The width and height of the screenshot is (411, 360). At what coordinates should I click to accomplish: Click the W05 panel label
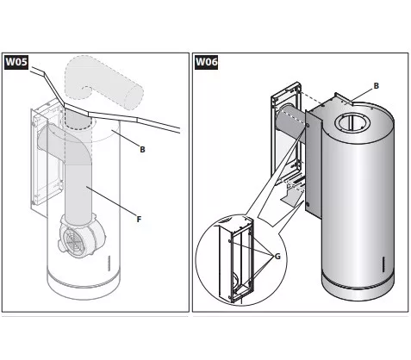[x=16, y=62]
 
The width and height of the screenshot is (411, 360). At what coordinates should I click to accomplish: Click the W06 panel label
[x=206, y=62]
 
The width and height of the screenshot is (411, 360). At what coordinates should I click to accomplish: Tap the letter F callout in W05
[x=139, y=220]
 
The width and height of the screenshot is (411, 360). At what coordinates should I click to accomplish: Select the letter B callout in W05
[x=142, y=149]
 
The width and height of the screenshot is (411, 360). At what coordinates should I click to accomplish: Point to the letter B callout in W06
[x=376, y=85]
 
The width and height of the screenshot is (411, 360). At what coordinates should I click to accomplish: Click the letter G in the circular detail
[x=277, y=257]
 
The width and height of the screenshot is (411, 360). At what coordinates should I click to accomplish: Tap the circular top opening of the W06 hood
[x=352, y=123]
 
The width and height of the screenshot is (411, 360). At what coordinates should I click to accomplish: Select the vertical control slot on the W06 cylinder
[x=383, y=264]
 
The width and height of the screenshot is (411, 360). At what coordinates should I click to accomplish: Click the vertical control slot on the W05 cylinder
[x=109, y=263]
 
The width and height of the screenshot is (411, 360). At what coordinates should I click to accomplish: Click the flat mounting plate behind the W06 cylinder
[x=313, y=164]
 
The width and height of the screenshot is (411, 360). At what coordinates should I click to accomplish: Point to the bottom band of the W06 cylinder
[x=358, y=286]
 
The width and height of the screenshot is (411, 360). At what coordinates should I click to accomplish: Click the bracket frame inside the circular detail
[x=236, y=260]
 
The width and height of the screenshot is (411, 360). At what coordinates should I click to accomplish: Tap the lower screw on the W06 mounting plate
[x=308, y=204]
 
